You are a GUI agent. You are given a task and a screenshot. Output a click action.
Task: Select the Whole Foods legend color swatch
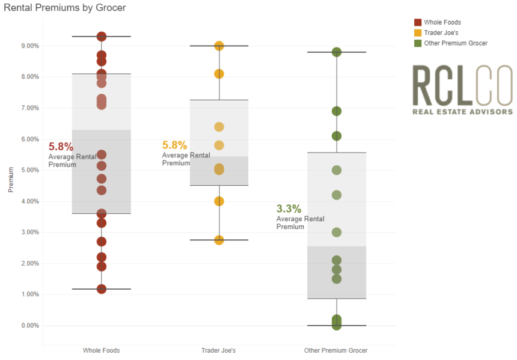[x=417, y=22]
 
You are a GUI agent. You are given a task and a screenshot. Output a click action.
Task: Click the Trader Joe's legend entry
[x=441, y=32]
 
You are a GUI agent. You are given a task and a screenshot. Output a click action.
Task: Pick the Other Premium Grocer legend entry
[x=455, y=43]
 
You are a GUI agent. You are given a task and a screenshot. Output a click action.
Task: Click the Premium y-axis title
[x=10, y=180]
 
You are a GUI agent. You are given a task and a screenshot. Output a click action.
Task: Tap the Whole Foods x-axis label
[x=101, y=350]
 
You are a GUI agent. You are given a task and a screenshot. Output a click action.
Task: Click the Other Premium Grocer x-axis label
[x=336, y=350]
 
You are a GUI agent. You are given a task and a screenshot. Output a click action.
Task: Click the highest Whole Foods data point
[x=102, y=37]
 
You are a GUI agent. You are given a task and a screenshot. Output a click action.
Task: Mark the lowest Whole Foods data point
[x=102, y=289]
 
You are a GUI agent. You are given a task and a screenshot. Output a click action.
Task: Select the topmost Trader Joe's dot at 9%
[x=219, y=46]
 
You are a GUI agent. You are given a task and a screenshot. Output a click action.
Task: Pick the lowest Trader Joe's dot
[x=219, y=240]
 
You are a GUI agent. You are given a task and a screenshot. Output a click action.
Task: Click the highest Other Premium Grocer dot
[x=337, y=52]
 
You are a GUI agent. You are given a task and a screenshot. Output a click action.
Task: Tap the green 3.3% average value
[x=289, y=209]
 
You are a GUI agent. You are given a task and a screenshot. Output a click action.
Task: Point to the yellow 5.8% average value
[x=174, y=145]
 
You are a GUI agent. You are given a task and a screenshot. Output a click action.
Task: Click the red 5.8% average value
[x=61, y=147]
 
